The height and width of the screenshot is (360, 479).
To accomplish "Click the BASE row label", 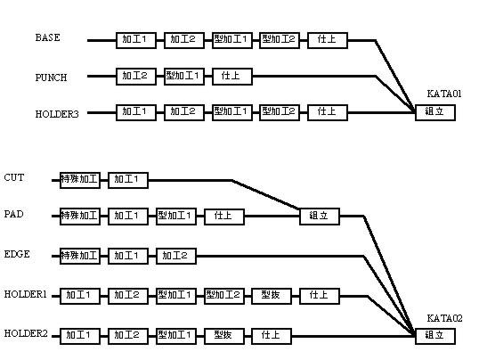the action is coord(48,37).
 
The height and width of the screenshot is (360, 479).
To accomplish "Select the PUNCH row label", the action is coord(51,78).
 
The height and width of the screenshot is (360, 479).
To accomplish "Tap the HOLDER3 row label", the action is coord(57,114).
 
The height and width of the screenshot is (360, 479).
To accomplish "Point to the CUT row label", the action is coord(14,177).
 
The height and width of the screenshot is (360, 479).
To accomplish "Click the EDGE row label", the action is coord(17,254).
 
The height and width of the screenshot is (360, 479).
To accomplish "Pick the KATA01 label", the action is coord(444,94).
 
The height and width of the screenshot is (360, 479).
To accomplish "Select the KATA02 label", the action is coord(444,318).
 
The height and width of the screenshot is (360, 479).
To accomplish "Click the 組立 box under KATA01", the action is coord(435,112).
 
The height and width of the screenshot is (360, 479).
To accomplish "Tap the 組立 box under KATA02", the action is coord(435,336).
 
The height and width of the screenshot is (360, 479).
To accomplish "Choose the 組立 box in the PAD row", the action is coord(320,217).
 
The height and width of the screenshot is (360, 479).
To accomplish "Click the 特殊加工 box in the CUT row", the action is coord(80,180).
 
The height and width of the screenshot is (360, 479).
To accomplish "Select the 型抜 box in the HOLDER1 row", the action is coord(272,296).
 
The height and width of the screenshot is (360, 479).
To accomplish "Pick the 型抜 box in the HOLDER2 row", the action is coord(224,336).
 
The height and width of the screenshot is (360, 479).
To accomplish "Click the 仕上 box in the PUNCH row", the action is coord(232,77).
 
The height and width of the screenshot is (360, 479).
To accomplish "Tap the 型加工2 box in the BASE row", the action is coord(280,40).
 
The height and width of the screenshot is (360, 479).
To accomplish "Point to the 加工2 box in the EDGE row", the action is coord(176,256).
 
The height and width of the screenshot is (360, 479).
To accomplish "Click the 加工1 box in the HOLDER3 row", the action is coord(136,112).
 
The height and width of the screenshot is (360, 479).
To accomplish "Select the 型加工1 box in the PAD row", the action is coord(176,217).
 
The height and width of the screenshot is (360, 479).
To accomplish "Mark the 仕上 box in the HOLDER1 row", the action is coord(320,296).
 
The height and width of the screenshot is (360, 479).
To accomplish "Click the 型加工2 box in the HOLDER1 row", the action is coord(224,296).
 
